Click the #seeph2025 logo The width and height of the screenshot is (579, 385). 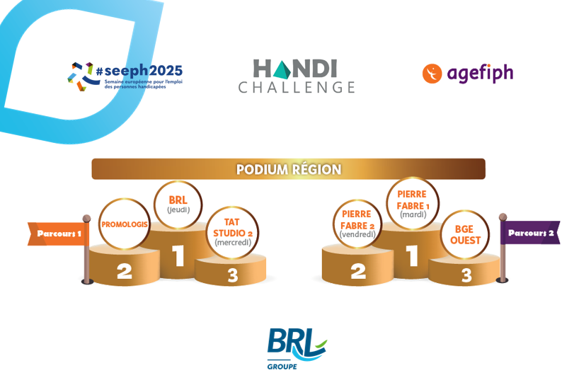[x=125, y=76]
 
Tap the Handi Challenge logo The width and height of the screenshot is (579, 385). [x=296, y=76]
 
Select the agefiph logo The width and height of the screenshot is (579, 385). [x=468, y=73]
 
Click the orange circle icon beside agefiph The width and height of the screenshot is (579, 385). [x=432, y=74]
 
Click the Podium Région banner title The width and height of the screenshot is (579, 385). [x=289, y=169]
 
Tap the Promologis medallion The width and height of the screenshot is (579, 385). [x=125, y=224]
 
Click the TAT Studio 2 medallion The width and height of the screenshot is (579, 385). [x=233, y=231]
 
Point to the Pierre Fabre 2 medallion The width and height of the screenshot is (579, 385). [x=357, y=224]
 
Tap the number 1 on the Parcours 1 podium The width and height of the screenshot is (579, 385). [x=178, y=256]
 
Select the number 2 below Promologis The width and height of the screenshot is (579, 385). [x=125, y=272]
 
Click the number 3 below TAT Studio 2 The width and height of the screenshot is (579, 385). [x=232, y=276]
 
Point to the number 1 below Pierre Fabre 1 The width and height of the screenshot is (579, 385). [x=413, y=256]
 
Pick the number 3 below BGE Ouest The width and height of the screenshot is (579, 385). [x=466, y=275]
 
